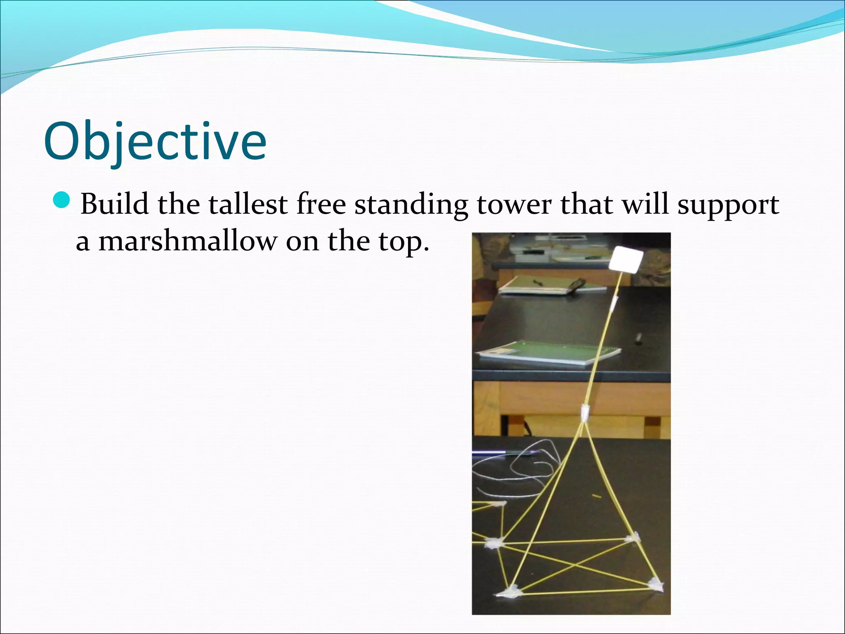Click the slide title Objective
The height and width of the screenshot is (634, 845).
[155, 142]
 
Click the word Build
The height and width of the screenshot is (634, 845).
[114, 204]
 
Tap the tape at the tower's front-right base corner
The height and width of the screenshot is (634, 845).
[654, 584]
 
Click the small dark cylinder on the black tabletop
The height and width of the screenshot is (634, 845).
[639, 338]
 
